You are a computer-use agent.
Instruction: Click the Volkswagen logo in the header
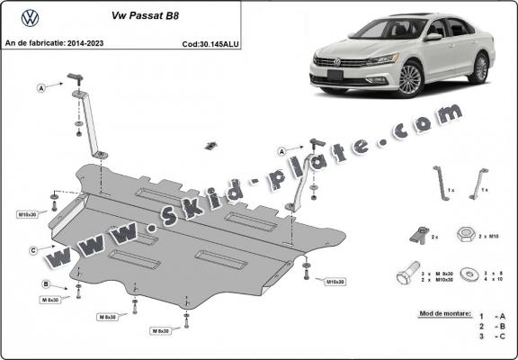click(29, 16)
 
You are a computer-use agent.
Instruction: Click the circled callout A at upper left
click(41, 87)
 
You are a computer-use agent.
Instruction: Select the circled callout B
click(46, 285)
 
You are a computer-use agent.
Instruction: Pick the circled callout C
click(33, 249)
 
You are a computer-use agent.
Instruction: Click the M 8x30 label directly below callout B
click(51, 299)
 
